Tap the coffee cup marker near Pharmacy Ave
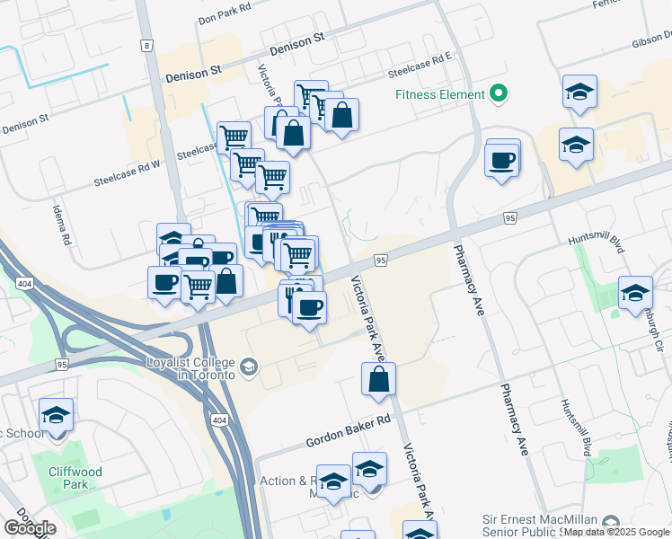coord(502,161)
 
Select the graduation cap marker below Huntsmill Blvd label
coord(635,292)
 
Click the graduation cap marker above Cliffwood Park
coord(56,415)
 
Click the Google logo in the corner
coord(30,528)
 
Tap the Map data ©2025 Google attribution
coord(617,533)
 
